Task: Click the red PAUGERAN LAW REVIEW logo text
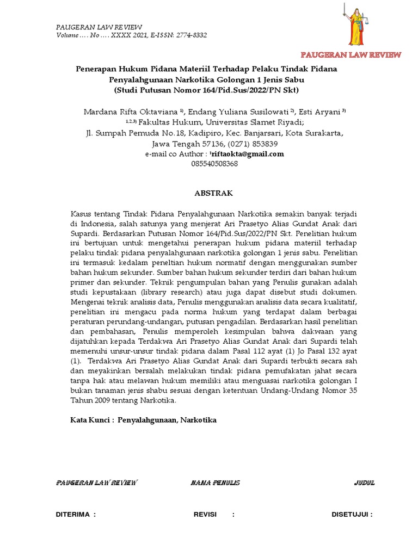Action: (351, 55)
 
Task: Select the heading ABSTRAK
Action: (214, 193)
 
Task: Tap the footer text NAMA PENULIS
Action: (216, 482)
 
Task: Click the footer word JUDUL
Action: (364, 482)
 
